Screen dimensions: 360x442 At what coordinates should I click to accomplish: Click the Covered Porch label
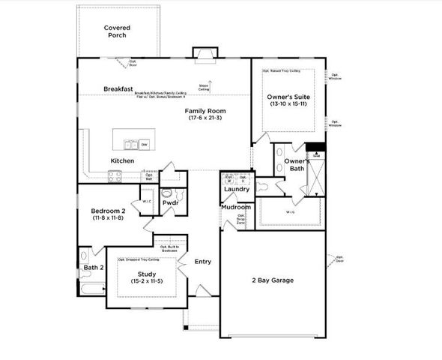[x=116, y=31]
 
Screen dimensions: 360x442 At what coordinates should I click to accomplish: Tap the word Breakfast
[x=118, y=88]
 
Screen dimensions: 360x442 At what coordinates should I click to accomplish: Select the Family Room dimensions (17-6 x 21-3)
[x=205, y=119]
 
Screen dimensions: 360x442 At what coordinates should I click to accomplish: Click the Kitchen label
[x=122, y=161]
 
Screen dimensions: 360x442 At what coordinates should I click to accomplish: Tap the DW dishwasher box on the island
[x=144, y=144]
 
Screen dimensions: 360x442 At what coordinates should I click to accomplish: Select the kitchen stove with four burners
[x=115, y=177]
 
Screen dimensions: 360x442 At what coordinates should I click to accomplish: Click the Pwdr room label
[x=169, y=202]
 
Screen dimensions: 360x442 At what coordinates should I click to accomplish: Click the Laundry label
[x=237, y=189]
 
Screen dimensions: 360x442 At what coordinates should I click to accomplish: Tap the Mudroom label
[x=236, y=206]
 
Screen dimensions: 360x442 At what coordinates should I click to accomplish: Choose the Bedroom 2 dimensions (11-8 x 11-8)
[x=107, y=218]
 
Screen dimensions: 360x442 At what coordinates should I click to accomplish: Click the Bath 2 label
[x=93, y=268]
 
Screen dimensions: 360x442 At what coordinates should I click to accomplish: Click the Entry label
[x=202, y=262]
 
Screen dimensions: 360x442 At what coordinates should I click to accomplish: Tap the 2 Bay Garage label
[x=272, y=280]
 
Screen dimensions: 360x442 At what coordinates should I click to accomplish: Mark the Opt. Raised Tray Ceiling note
[x=282, y=71]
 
